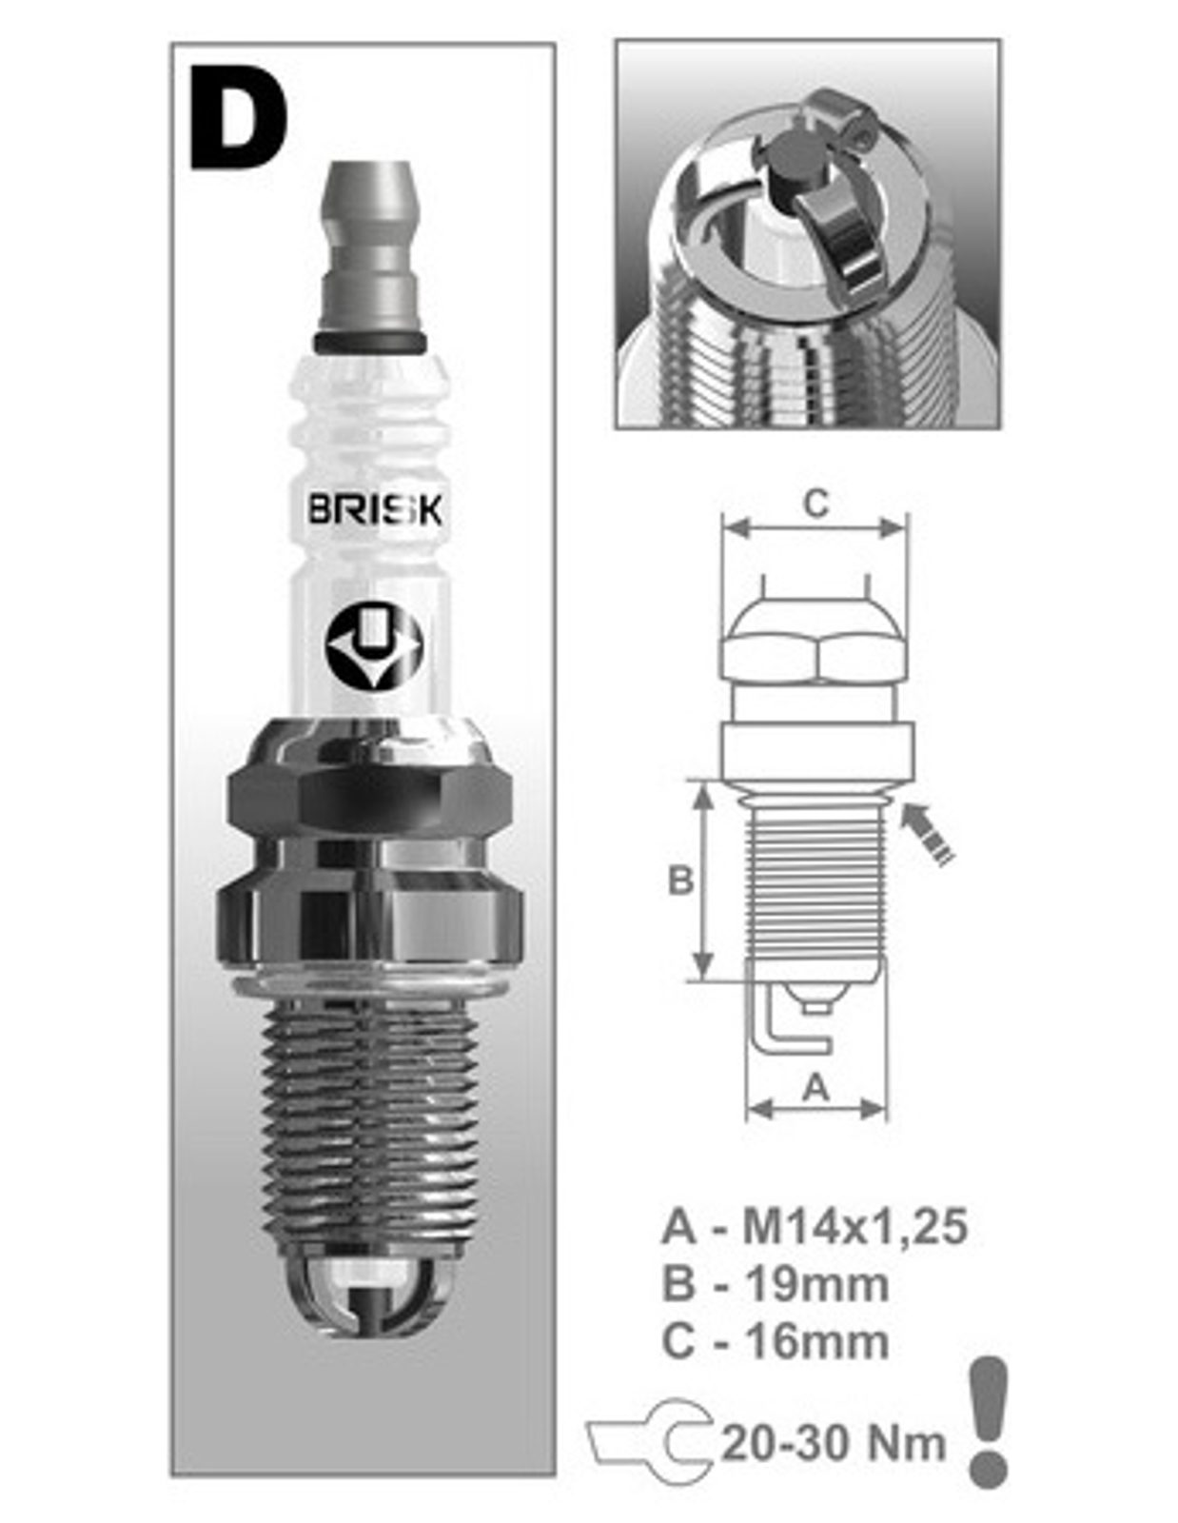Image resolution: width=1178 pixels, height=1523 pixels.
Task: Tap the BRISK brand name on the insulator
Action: coord(375,511)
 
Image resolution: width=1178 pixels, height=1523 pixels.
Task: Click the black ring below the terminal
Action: coord(370,342)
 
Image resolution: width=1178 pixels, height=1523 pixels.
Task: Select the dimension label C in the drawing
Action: coord(815,504)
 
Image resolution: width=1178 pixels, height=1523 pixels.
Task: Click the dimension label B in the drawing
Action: coord(680,880)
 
